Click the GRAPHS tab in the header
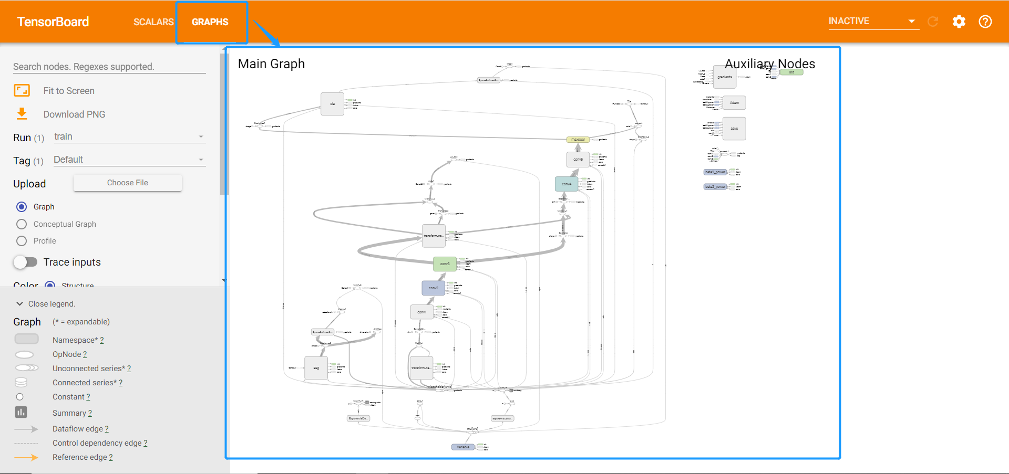210,22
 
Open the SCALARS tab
153,22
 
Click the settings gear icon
959,22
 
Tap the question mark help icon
985,22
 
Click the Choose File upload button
128,183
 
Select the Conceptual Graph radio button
22,224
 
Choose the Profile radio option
22,241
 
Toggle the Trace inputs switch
25,262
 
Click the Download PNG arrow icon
22,113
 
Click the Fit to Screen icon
22,90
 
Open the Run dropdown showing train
129,137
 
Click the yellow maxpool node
578,140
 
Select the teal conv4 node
566,184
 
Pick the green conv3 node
445,264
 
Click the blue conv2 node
433,288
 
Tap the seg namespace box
316,368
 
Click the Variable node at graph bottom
463,447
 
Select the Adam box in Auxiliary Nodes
734,103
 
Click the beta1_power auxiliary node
715,172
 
